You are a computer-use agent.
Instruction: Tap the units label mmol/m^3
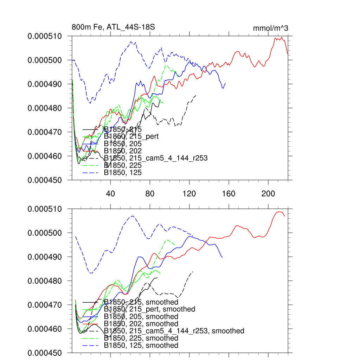[270, 28]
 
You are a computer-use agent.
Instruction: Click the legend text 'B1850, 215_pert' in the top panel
[131, 136]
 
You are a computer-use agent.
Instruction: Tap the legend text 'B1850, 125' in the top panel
[123, 173]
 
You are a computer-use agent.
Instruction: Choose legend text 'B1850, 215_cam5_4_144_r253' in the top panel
[156, 158]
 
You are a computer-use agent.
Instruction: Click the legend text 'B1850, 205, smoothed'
[141, 316]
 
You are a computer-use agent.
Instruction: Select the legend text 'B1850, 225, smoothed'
[141, 338]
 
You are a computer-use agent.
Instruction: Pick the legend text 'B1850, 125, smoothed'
[141, 346]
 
